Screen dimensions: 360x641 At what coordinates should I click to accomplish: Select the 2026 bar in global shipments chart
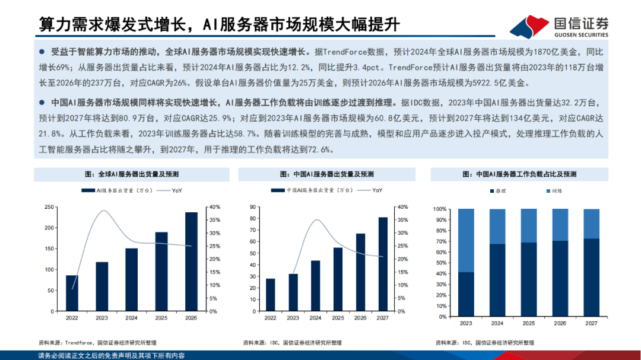point(191,262)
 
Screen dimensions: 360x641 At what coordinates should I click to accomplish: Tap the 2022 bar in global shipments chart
point(71,294)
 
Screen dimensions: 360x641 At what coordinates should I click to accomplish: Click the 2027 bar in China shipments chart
point(383,265)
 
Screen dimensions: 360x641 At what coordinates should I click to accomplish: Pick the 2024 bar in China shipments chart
point(315,286)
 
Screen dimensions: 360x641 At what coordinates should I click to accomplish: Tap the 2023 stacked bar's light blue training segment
point(467,240)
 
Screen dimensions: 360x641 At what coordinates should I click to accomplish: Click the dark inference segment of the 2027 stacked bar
point(591,278)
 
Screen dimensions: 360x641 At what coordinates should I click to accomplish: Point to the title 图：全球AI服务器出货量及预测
point(132,174)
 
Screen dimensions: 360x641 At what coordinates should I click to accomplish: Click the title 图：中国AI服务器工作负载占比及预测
point(519,174)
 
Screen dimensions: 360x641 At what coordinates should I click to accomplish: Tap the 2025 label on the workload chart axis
point(528,323)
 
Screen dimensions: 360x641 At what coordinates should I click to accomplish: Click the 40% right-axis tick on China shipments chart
point(402,207)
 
